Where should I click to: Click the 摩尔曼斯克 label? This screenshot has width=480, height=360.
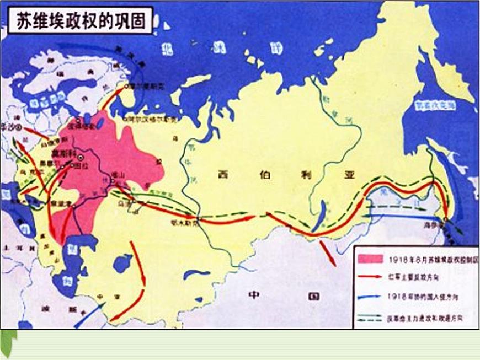pyautogui.click(x=145, y=86)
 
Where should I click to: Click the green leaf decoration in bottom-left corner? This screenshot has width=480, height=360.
pyautogui.click(x=8, y=342)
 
